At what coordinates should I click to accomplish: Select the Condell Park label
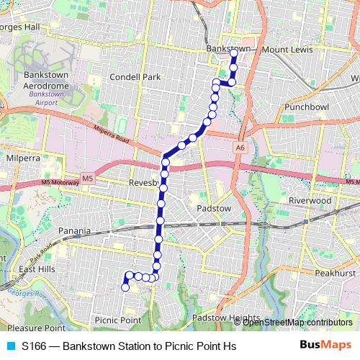pos(130,76)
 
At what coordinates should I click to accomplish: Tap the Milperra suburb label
pos(22,156)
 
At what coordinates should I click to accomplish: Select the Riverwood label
pos(310,199)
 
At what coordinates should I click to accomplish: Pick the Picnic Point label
pos(117,320)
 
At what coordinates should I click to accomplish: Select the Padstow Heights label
pos(225,318)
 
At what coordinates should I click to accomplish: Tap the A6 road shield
pos(240,146)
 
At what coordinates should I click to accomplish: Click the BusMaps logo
pos(325,345)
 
